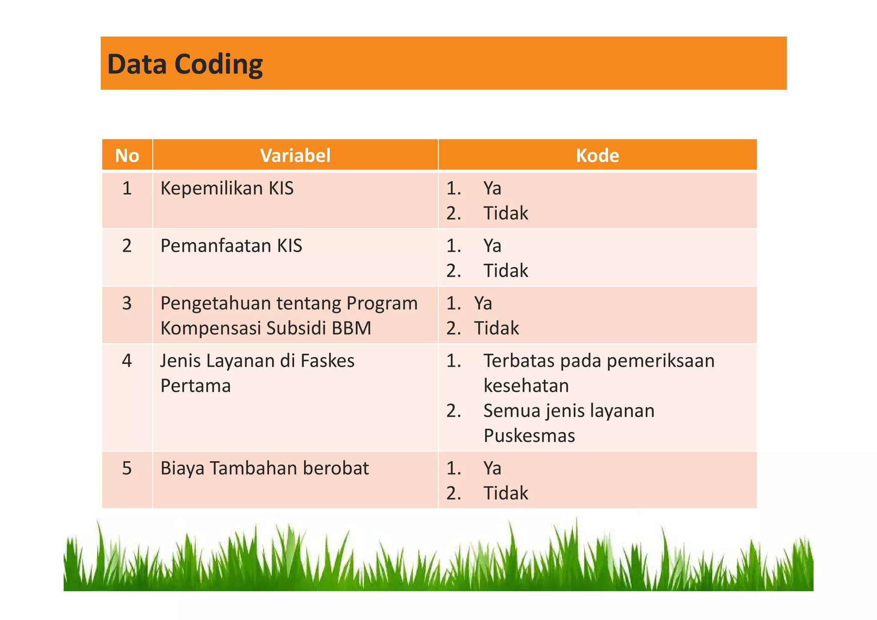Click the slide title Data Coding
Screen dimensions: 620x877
click(185, 64)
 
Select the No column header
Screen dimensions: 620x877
click(127, 155)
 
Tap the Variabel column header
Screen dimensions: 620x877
click(295, 155)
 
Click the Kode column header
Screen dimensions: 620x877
click(597, 155)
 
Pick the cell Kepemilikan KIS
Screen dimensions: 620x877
click(227, 188)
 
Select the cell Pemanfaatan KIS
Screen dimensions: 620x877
click(231, 246)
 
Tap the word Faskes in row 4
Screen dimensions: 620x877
click(327, 361)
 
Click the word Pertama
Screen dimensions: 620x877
click(195, 386)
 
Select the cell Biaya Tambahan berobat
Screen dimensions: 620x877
click(264, 468)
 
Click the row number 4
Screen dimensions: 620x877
click(127, 361)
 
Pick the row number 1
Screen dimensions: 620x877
click(127, 188)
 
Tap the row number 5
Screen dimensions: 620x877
click(127, 468)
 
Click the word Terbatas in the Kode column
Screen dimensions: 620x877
click(519, 361)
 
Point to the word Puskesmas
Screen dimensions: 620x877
click(529, 436)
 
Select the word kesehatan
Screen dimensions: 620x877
click(526, 386)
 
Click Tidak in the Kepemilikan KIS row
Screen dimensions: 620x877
click(506, 213)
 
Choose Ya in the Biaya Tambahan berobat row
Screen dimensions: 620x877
click(492, 468)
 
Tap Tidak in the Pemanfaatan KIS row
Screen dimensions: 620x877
click(506, 271)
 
